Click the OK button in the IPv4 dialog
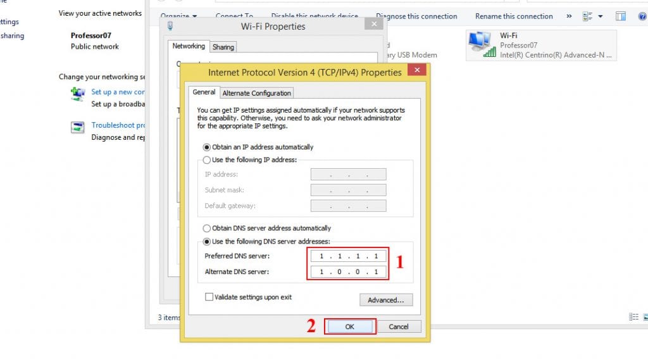pos(350,326)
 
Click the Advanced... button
pos(386,300)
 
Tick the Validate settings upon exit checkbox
pos(209,297)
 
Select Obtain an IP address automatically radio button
pos(207,147)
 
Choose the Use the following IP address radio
pos(207,160)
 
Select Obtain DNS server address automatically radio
pos(207,228)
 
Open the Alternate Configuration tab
pos(257,93)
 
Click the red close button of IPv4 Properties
pos(416,71)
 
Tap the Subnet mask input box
pos(348,190)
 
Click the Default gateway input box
pos(348,206)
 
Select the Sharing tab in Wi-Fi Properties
pos(223,47)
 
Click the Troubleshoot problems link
pos(118,125)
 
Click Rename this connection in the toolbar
pos(514,16)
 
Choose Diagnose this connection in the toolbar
pos(416,16)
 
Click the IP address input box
pos(348,174)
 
